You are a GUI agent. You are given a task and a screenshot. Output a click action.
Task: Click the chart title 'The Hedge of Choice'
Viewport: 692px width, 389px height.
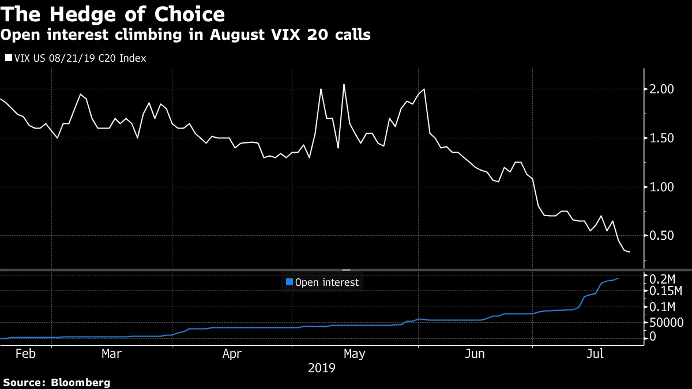pyautogui.click(x=113, y=13)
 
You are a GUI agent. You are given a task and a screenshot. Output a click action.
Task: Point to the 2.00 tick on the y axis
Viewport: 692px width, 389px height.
pyautogui.click(x=662, y=89)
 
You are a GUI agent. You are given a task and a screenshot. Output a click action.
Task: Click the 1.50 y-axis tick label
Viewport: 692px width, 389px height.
pyautogui.click(x=662, y=138)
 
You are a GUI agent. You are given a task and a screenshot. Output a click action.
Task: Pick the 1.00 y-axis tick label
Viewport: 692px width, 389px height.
pyautogui.click(x=662, y=187)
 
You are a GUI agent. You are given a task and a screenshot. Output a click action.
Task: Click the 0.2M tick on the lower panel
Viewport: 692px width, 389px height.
pyautogui.click(x=664, y=278)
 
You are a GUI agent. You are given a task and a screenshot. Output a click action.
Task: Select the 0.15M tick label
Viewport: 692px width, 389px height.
pyautogui.click(x=667, y=292)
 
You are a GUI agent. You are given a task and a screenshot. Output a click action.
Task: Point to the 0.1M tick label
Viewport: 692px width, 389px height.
pyautogui.click(x=664, y=307)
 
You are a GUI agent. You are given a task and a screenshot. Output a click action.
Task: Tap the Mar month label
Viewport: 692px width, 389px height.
pyautogui.click(x=111, y=354)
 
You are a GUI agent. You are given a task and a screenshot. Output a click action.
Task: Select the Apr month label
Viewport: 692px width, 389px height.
pyautogui.click(x=232, y=354)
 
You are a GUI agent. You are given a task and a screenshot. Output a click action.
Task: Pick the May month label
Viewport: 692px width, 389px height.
pyautogui.click(x=353, y=354)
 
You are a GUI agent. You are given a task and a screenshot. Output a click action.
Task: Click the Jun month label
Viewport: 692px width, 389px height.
pyautogui.click(x=474, y=354)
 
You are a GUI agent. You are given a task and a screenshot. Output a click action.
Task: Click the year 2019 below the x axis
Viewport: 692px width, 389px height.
pyautogui.click(x=322, y=368)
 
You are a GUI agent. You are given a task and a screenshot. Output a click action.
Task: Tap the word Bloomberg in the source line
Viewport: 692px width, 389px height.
pyautogui.click(x=81, y=382)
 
